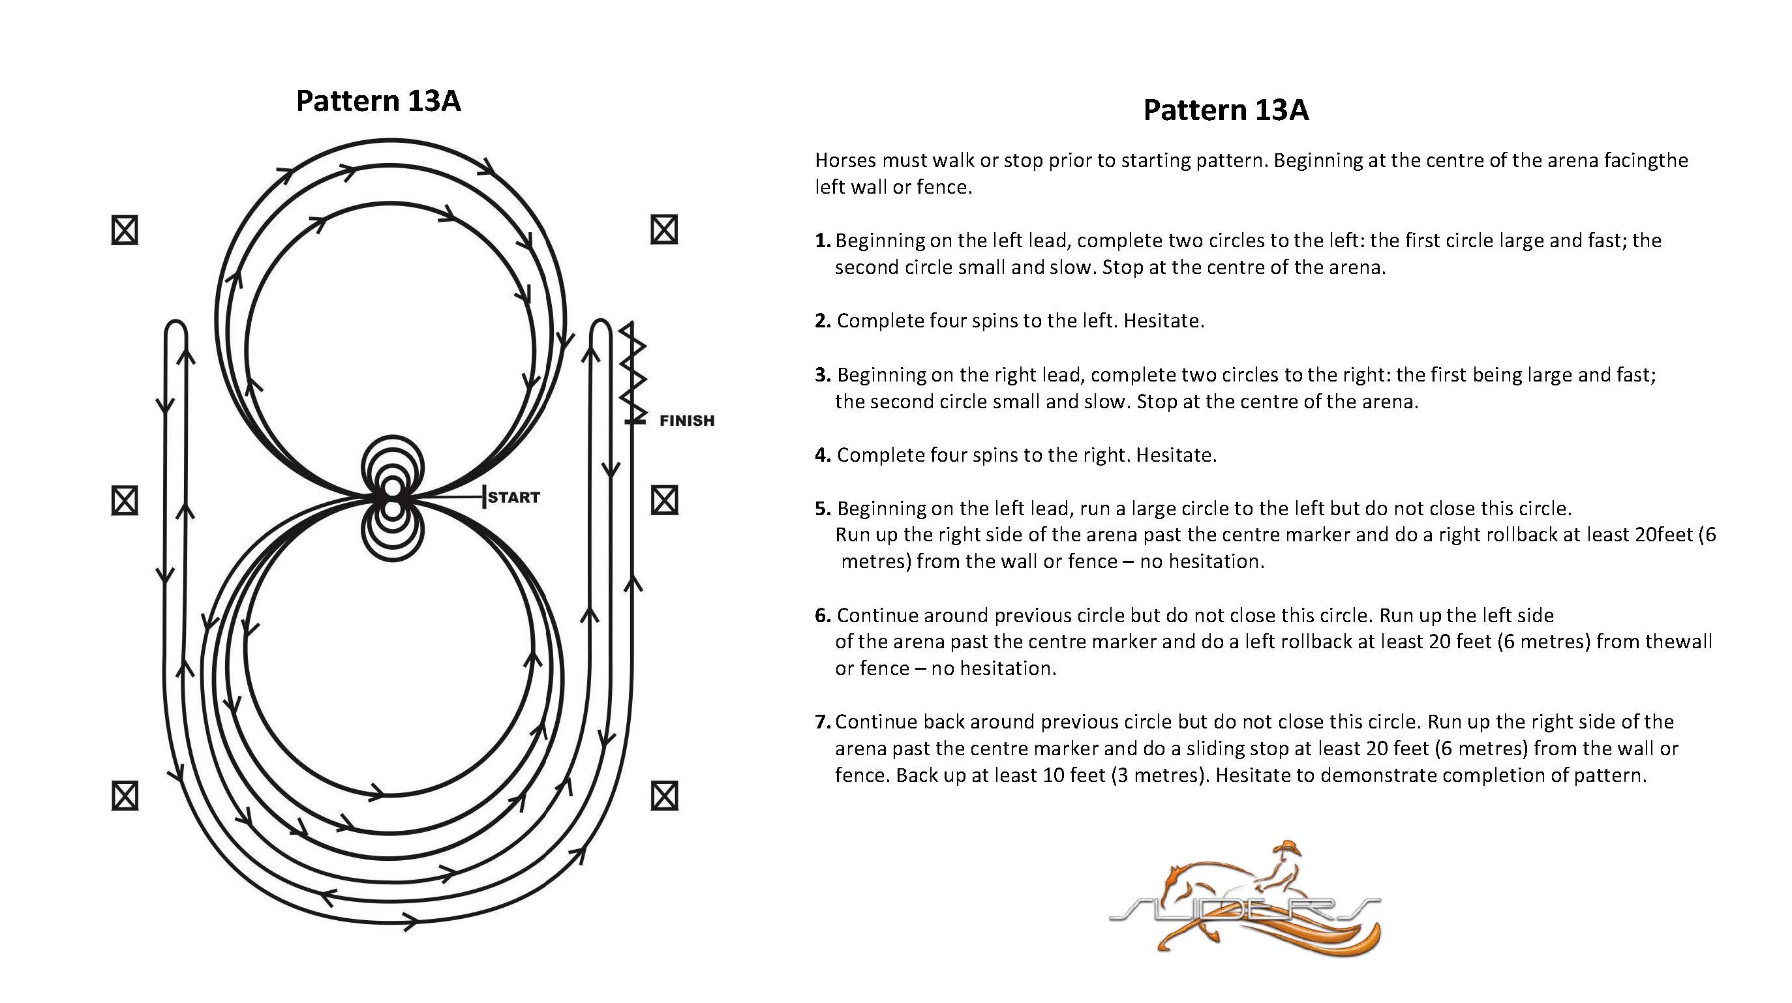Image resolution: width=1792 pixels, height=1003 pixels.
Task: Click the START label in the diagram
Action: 514,498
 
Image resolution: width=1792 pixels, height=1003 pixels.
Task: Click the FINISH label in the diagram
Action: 687,421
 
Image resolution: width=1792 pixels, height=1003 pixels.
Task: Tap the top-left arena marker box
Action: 125,230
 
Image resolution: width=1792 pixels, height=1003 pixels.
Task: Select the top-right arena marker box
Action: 663,230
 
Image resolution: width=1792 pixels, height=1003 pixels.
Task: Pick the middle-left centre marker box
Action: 125,501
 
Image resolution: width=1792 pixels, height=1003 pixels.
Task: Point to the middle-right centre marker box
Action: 663,501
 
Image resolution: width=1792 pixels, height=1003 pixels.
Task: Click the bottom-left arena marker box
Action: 125,796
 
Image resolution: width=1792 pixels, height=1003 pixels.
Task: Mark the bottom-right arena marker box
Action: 663,796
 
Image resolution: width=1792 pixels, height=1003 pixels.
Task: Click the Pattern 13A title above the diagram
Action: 378,101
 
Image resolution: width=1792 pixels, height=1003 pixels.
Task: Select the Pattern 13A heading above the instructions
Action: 1226,111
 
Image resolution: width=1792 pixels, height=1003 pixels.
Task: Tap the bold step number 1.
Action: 822,241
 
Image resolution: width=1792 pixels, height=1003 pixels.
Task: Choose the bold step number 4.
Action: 823,455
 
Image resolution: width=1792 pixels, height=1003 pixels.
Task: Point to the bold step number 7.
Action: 822,722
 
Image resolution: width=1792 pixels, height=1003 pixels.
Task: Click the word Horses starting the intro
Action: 845,160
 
